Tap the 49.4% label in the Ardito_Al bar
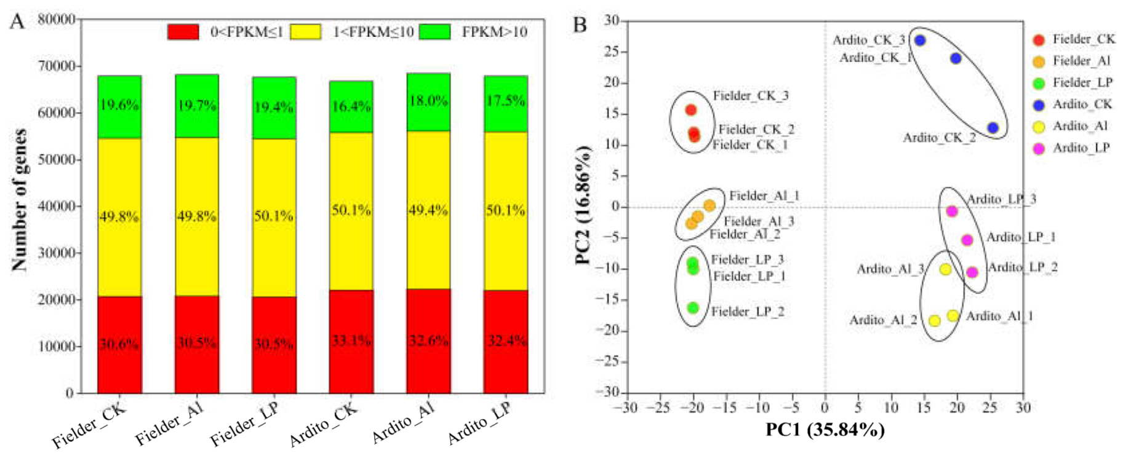point(428,210)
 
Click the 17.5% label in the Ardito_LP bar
point(505,101)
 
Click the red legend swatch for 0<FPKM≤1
point(183,32)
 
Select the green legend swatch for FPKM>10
point(434,32)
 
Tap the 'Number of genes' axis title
point(20,200)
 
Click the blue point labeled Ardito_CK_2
point(993,128)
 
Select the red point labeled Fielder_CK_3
point(690,110)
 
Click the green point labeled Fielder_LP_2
point(693,308)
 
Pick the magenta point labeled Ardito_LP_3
point(952,211)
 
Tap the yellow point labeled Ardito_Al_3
point(945,269)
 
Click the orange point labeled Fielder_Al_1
point(709,205)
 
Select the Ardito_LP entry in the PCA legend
point(1081,148)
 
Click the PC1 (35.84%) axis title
point(825,430)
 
